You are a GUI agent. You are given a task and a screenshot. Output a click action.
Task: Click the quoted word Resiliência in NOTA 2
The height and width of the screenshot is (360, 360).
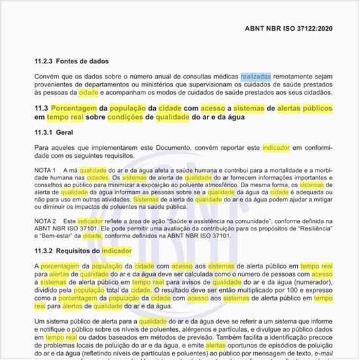[312, 228]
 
